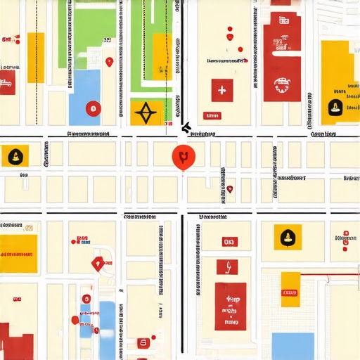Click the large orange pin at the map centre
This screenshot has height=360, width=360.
click(x=182, y=156)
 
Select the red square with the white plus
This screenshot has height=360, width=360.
click(x=221, y=90)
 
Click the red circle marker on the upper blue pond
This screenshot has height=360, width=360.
click(x=91, y=108)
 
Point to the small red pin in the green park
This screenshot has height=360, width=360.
click(x=108, y=63)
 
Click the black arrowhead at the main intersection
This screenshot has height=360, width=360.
click(x=186, y=128)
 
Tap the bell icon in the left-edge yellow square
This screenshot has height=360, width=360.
click(x=14, y=156)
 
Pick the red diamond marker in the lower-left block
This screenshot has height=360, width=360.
click(x=98, y=264)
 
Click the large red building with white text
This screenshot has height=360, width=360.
click(x=230, y=307)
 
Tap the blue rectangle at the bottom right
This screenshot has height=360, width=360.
click(x=292, y=346)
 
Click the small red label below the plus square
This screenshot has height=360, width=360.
click(x=210, y=115)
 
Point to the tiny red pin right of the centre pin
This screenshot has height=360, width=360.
click(x=229, y=188)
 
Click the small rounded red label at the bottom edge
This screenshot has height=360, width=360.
click(x=143, y=342)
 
